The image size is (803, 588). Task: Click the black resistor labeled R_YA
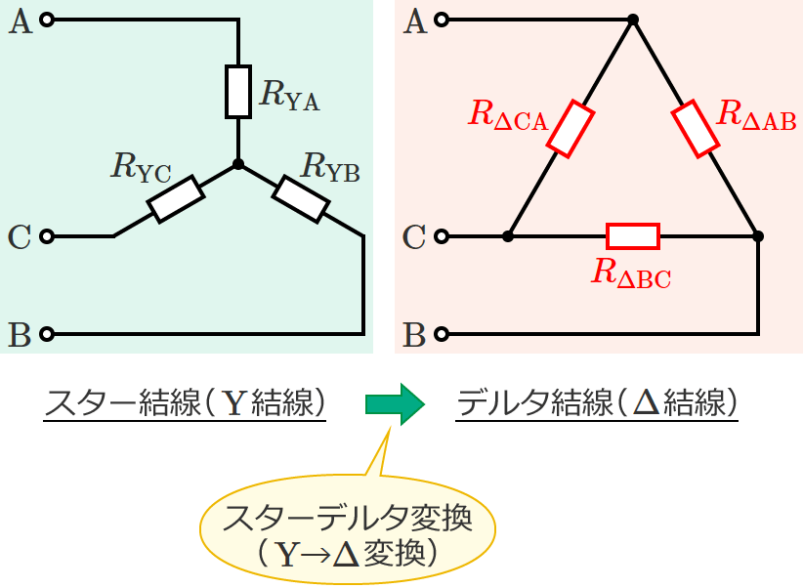(237, 92)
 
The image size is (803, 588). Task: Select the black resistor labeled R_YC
(176, 199)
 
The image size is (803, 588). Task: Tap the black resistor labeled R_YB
(300, 198)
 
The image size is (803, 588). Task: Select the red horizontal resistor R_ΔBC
(633, 236)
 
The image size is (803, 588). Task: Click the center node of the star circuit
(237, 164)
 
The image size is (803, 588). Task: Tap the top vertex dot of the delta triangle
(633, 20)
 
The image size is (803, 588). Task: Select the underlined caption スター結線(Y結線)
(185, 403)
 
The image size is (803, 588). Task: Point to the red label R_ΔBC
(631, 273)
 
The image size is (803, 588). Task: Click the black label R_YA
(290, 94)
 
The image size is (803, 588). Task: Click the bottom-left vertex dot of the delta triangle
(508, 236)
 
